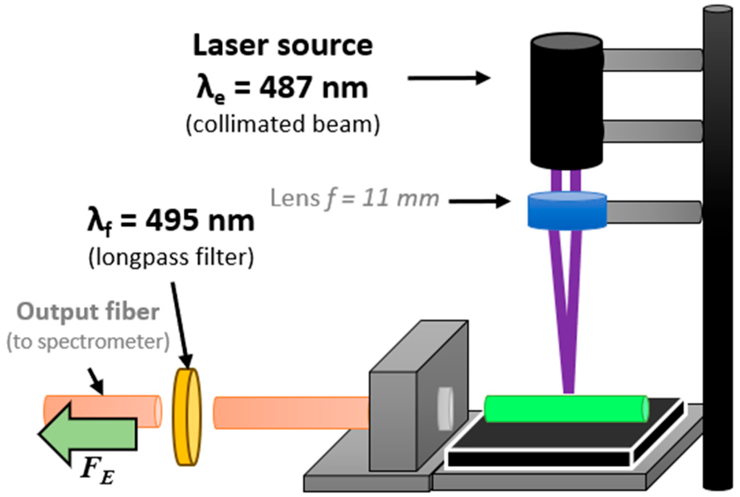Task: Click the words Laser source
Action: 283,46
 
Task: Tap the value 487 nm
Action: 313,88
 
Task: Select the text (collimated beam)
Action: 283,124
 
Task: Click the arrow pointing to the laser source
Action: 448,78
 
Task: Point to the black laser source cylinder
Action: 566,101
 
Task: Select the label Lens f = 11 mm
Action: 354,199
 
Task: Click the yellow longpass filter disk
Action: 187,417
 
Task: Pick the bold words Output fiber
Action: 88,312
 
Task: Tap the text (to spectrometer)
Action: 88,342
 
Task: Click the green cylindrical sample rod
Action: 566,409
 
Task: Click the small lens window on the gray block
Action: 445,409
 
